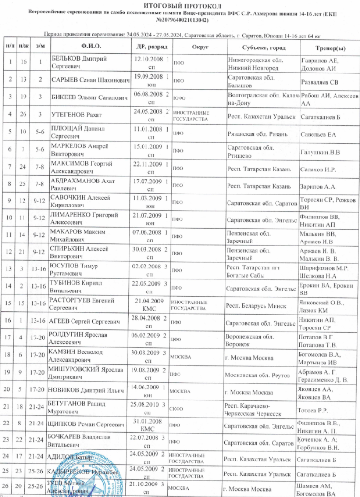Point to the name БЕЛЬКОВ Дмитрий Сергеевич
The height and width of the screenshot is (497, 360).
pos(79,62)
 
